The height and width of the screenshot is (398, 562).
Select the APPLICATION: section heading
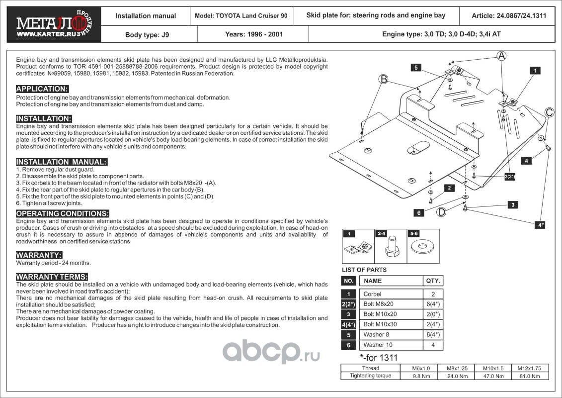42,89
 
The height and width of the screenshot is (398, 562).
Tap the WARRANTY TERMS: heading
52,277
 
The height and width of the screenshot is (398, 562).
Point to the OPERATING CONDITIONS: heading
63,213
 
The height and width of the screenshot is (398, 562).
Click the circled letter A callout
502,56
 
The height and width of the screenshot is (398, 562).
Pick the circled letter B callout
383,79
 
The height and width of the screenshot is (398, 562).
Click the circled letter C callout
549,112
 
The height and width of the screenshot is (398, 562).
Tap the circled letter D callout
441,212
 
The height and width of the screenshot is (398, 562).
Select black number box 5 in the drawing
416,67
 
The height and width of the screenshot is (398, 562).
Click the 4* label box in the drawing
540,225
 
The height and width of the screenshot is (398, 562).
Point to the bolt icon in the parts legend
391,247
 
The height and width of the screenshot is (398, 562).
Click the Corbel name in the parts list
372,294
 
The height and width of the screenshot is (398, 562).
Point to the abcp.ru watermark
270,352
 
